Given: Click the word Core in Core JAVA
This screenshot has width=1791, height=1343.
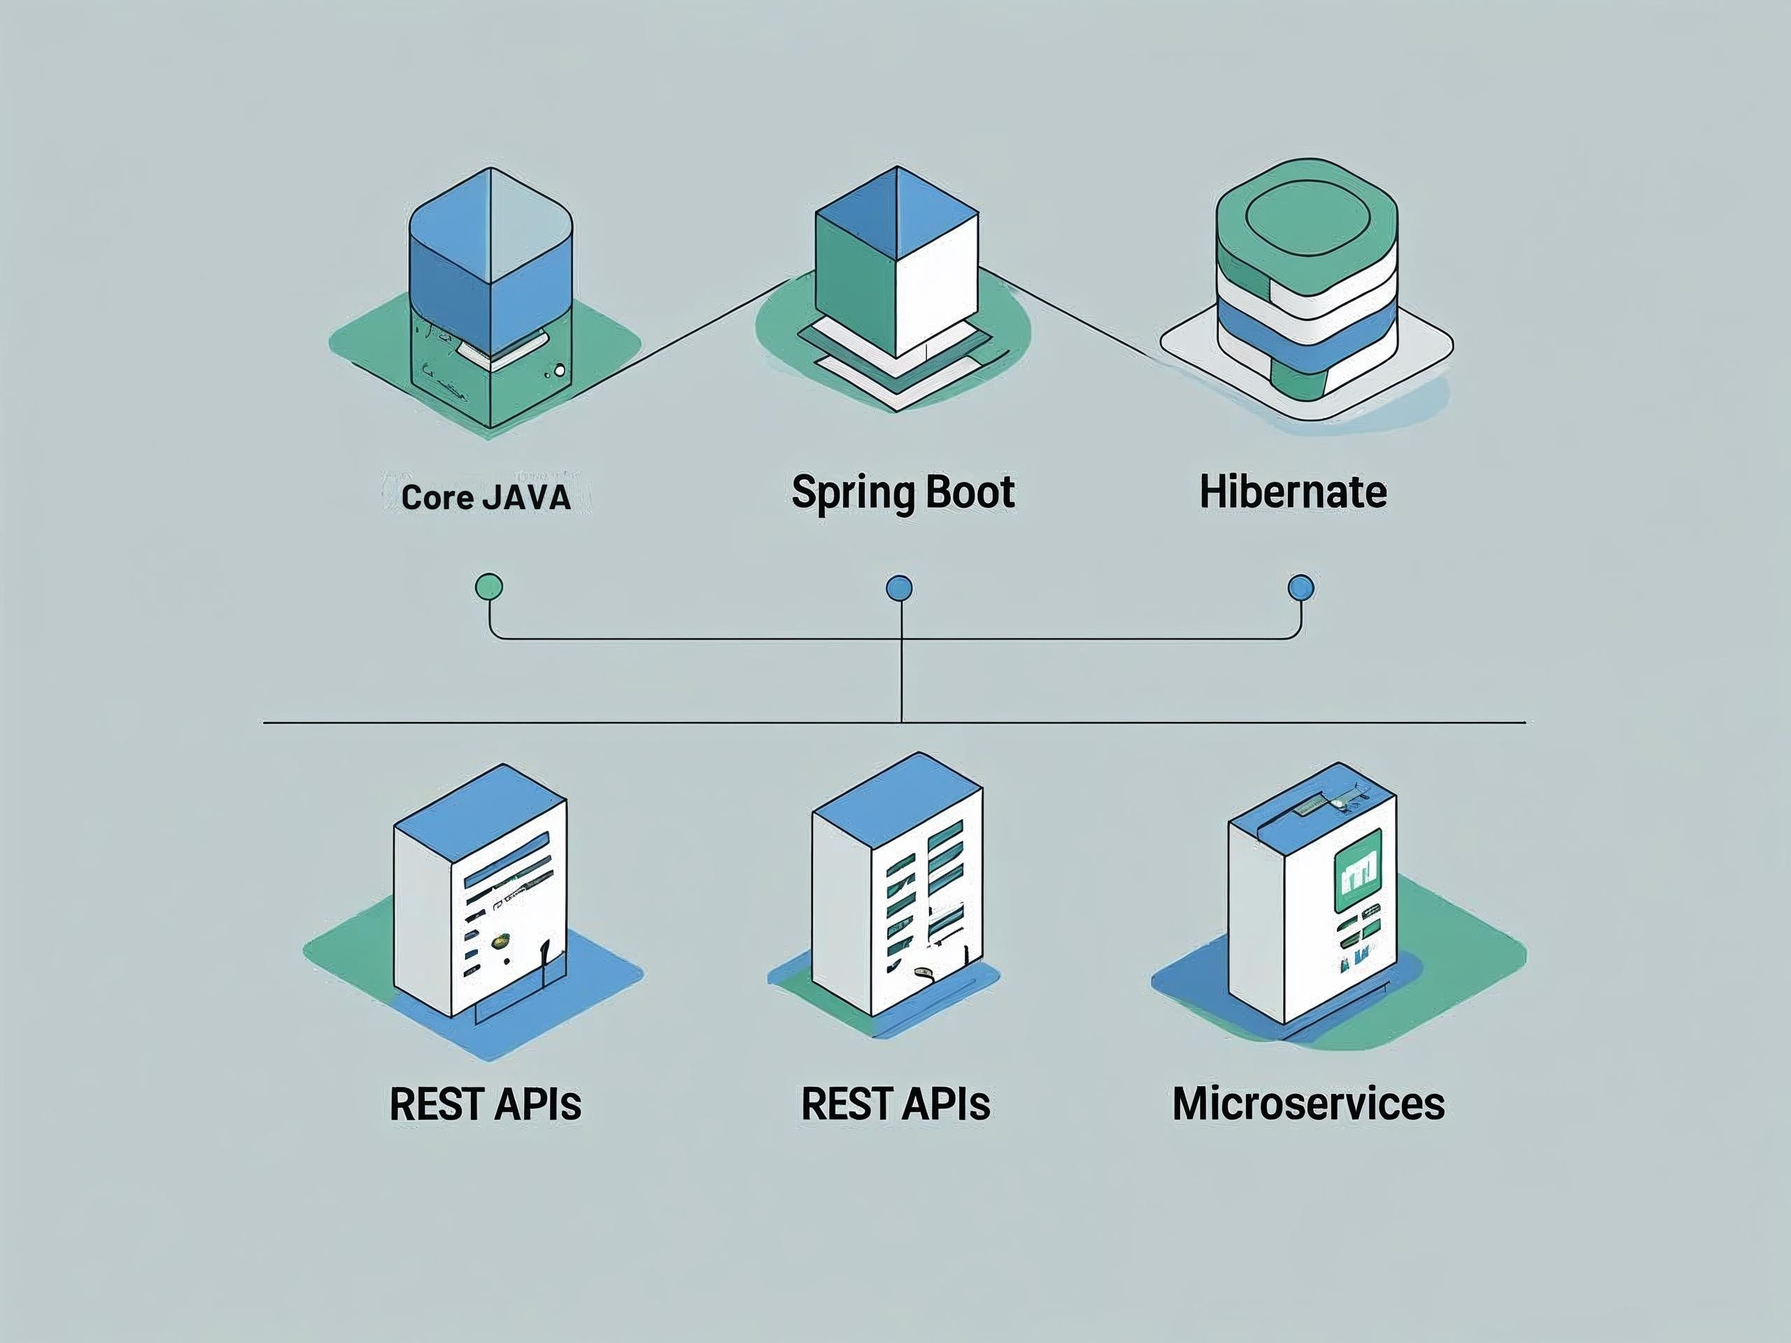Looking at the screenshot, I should (438, 497).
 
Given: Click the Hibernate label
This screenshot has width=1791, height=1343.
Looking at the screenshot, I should (1292, 492).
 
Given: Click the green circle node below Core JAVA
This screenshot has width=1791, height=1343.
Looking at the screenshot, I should (489, 586).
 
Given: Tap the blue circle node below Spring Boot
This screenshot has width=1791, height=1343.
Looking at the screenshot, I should (900, 588).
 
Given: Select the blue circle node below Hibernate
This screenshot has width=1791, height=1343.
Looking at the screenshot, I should (1301, 588).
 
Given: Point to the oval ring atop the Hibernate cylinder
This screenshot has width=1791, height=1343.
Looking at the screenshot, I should (1307, 213).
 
